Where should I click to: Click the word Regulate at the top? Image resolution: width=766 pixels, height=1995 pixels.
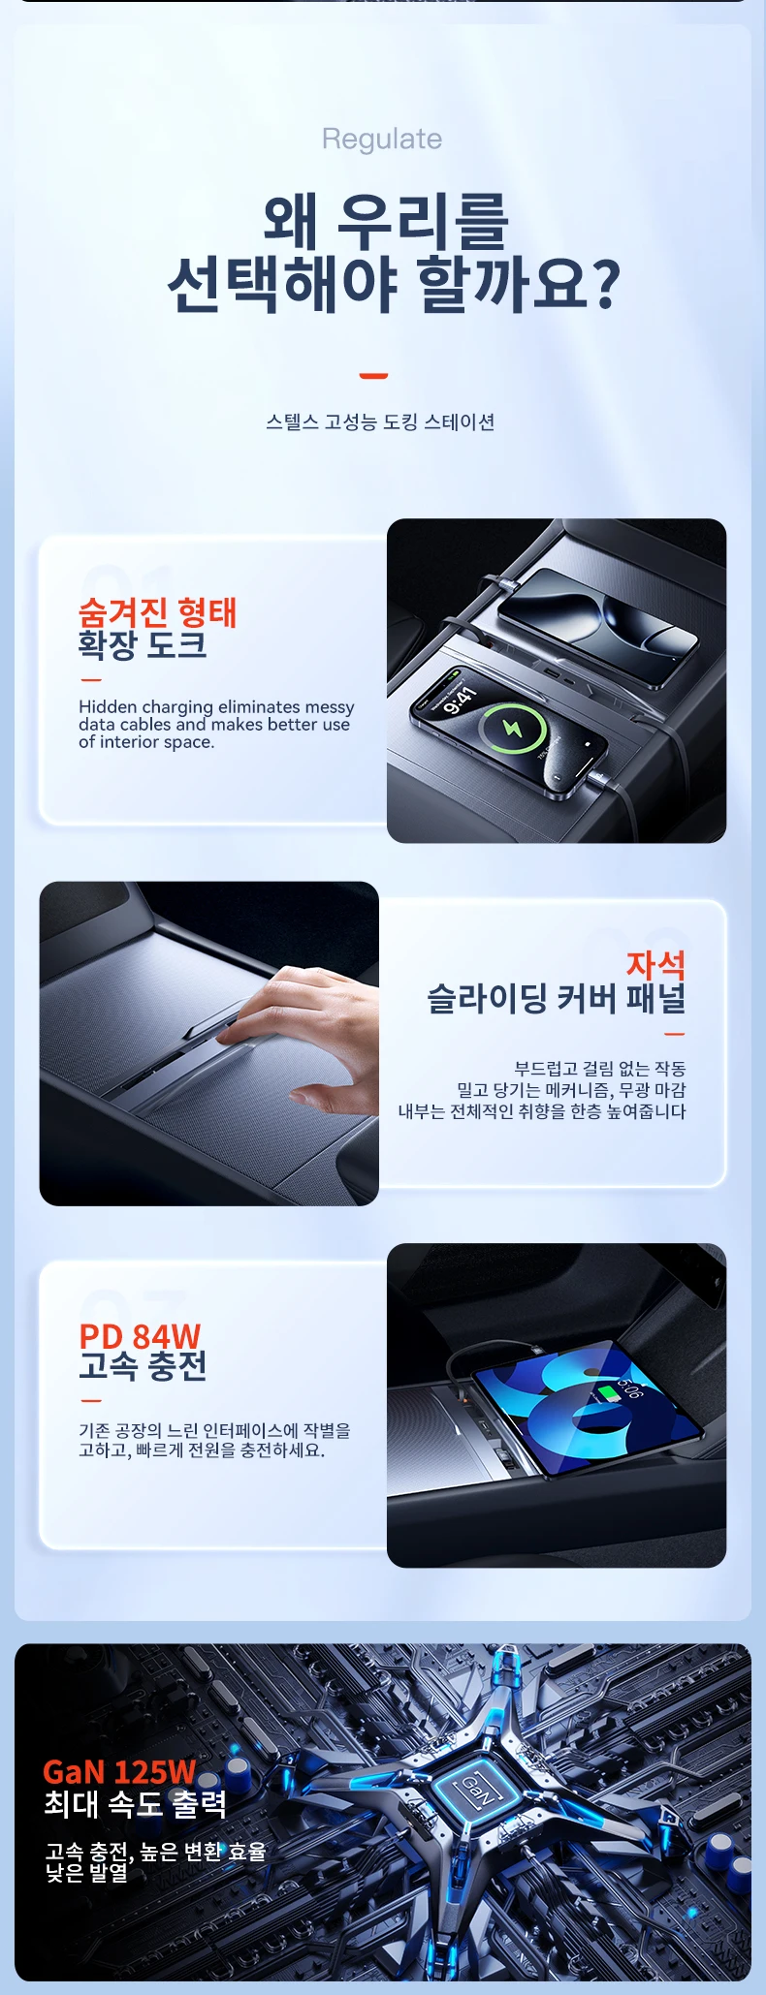pos(382,140)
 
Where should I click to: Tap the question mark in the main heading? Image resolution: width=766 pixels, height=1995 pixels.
pos(606,283)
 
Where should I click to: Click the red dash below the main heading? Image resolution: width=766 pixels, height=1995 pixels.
pos(373,376)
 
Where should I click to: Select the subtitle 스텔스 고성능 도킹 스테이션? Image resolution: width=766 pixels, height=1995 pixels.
pos(381,421)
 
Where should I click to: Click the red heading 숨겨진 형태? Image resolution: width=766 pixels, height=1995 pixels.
pos(157,612)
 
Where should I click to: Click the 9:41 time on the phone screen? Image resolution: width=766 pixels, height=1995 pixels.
pos(460,700)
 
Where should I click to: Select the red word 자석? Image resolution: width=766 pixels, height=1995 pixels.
pos(655,964)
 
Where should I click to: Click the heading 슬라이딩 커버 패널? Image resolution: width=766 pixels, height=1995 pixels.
pos(557,998)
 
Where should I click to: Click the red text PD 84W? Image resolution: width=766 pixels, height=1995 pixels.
pos(140,1336)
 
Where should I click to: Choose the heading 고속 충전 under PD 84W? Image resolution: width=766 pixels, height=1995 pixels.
pos(143,1366)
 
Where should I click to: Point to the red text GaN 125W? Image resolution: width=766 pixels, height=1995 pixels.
pos(120,1772)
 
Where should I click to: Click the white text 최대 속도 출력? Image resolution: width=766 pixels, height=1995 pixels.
pos(135,1804)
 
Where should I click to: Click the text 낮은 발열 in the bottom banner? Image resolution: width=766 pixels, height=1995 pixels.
pos(86,1873)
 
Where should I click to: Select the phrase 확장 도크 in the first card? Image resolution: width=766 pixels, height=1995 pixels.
pos(143,645)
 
